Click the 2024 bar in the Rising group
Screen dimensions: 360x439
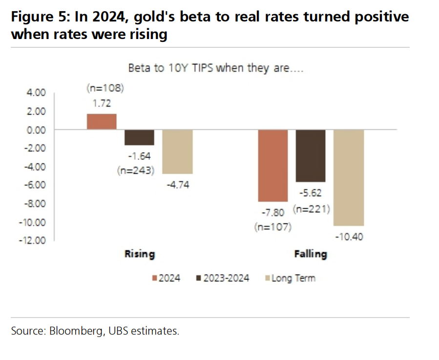pos(102,121)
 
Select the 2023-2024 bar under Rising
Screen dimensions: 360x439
pos(139,137)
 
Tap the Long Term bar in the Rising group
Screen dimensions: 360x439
pos(177,152)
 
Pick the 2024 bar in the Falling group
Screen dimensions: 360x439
pos(273,165)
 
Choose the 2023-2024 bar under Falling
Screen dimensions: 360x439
pos(311,156)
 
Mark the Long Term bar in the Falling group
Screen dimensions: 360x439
pos(349,178)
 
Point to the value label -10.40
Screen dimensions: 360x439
pos(349,237)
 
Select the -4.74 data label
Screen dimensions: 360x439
pos(178,185)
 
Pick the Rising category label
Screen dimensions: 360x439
pos(140,254)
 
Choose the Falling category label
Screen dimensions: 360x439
pos(311,254)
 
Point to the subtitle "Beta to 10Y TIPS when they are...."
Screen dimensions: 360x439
pos(216,68)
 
